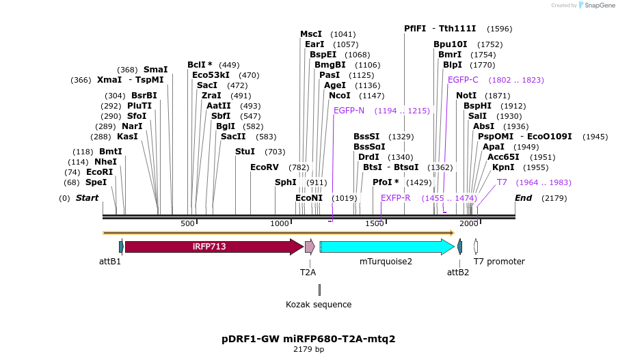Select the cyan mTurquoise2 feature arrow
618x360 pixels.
(x=387, y=247)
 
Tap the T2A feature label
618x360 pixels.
(x=308, y=272)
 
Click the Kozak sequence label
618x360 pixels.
(x=319, y=305)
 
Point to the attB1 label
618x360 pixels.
(x=110, y=262)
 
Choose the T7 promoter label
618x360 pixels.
(x=500, y=262)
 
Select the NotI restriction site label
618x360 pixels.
(x=466, y=96)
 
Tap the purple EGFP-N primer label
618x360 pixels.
(x=349, y=111)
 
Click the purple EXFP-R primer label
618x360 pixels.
(x=396, y=198)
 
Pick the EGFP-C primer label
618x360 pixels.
(x=463, y=80)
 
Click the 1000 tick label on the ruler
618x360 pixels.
(x=280, y=224)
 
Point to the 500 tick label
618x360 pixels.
(x=187, y=224)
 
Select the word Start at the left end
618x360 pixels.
(x=87, y=198)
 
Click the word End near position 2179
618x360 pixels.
(x=523, y=198)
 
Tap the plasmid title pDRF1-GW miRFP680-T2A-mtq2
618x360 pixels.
(x=308, y=339)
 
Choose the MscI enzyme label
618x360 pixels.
(x=311, y=34)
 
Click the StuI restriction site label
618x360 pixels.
(x=245, y=152)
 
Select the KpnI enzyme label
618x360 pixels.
(x=503, y=167)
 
